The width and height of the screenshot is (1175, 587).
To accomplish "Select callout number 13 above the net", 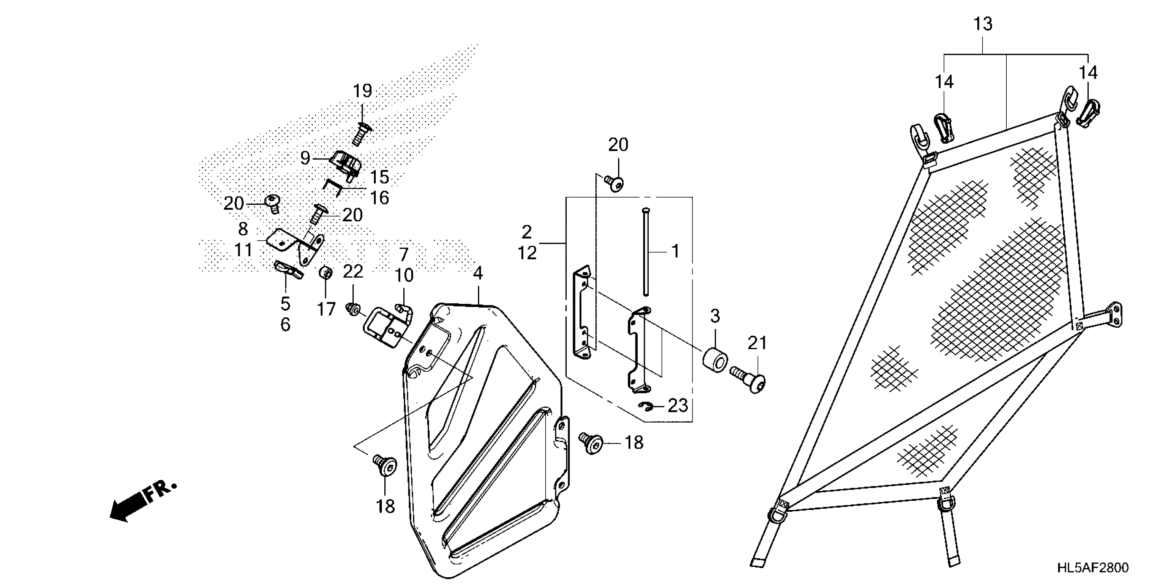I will (983, 24).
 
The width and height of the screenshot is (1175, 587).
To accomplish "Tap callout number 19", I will (362, 91).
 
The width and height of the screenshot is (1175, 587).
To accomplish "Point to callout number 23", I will (677, 405).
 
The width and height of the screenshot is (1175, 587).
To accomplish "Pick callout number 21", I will (757, 343).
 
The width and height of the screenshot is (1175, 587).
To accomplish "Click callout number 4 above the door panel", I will (478, 273).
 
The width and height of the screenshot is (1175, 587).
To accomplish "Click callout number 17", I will (326, 309).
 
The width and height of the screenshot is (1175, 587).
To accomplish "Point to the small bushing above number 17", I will (325, 273).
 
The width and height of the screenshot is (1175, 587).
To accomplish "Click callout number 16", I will (379, 198).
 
